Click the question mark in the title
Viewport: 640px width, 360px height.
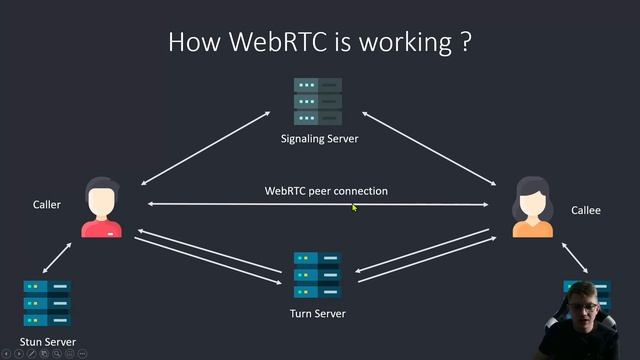point(465,42)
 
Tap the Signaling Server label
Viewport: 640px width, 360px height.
point(319,138)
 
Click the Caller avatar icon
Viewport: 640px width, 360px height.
point(101,208)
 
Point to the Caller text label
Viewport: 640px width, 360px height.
point(47,204)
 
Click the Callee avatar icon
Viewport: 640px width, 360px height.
point(532,208)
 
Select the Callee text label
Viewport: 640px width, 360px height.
point(585,211)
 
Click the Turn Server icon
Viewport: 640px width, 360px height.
point(318,275)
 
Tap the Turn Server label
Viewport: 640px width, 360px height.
point(318,313)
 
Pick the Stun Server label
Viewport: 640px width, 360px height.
point(47,342)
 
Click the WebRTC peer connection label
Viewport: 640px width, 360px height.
point(326,190)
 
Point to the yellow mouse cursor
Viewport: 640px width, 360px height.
point(354,207)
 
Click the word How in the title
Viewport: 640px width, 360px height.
point(190,42)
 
